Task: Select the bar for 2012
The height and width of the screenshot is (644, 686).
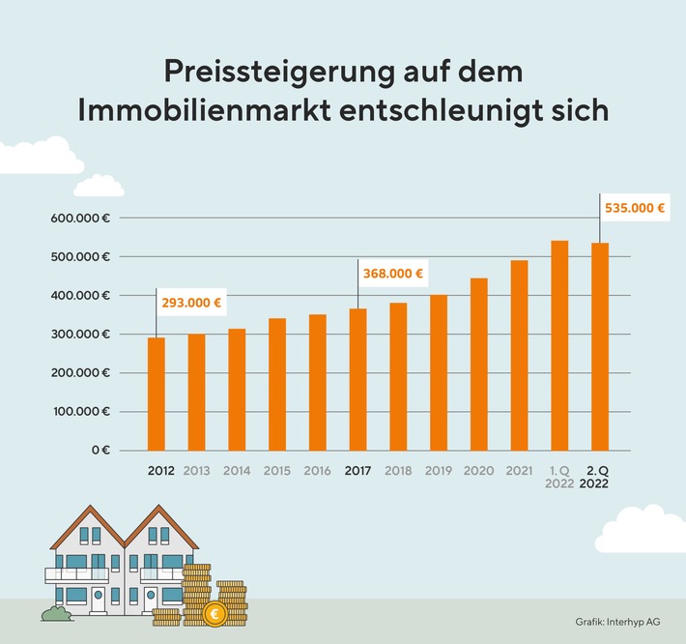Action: tap(157, 394)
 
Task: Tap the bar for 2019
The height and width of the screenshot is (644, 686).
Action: tap(439, 372)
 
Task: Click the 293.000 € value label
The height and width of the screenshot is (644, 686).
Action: tap(191, 303)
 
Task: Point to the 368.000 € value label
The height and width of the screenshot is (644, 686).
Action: tap(393, 274)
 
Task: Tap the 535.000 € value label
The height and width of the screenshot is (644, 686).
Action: tap(635, 207)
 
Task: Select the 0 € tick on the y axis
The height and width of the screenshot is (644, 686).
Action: tap(100, 451)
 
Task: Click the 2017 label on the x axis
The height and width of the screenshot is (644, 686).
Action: tap(357, 472)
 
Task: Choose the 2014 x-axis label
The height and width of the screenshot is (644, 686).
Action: tap(237, 472)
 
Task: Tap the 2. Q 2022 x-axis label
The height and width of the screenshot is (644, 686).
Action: tap(599, 479)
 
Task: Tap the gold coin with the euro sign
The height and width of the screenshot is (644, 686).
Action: tap(214, 612)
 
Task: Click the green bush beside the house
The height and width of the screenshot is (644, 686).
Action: tap(57, 612)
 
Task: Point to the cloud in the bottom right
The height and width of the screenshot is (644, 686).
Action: tap(642, 530)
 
